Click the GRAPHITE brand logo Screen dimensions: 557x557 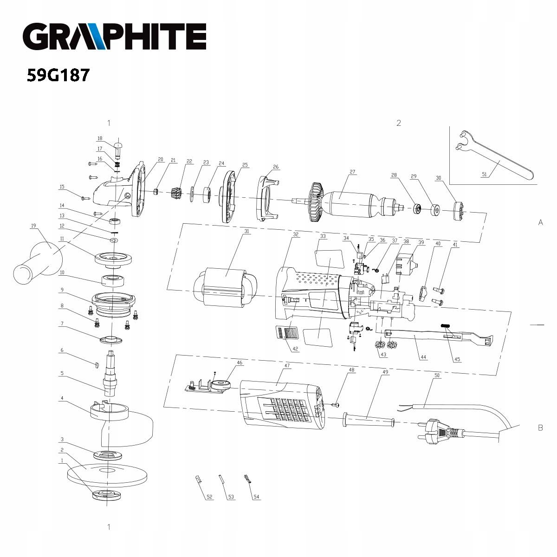point(114,37)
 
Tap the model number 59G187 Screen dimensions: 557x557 point(58,75)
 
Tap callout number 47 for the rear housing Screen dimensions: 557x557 point(287,366)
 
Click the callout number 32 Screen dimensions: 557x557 point(296,235)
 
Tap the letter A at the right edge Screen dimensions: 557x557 point(540,222)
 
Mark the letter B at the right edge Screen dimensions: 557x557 point(540,427)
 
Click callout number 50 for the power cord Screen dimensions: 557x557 point(436,375)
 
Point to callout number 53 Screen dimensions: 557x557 point(231,497)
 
